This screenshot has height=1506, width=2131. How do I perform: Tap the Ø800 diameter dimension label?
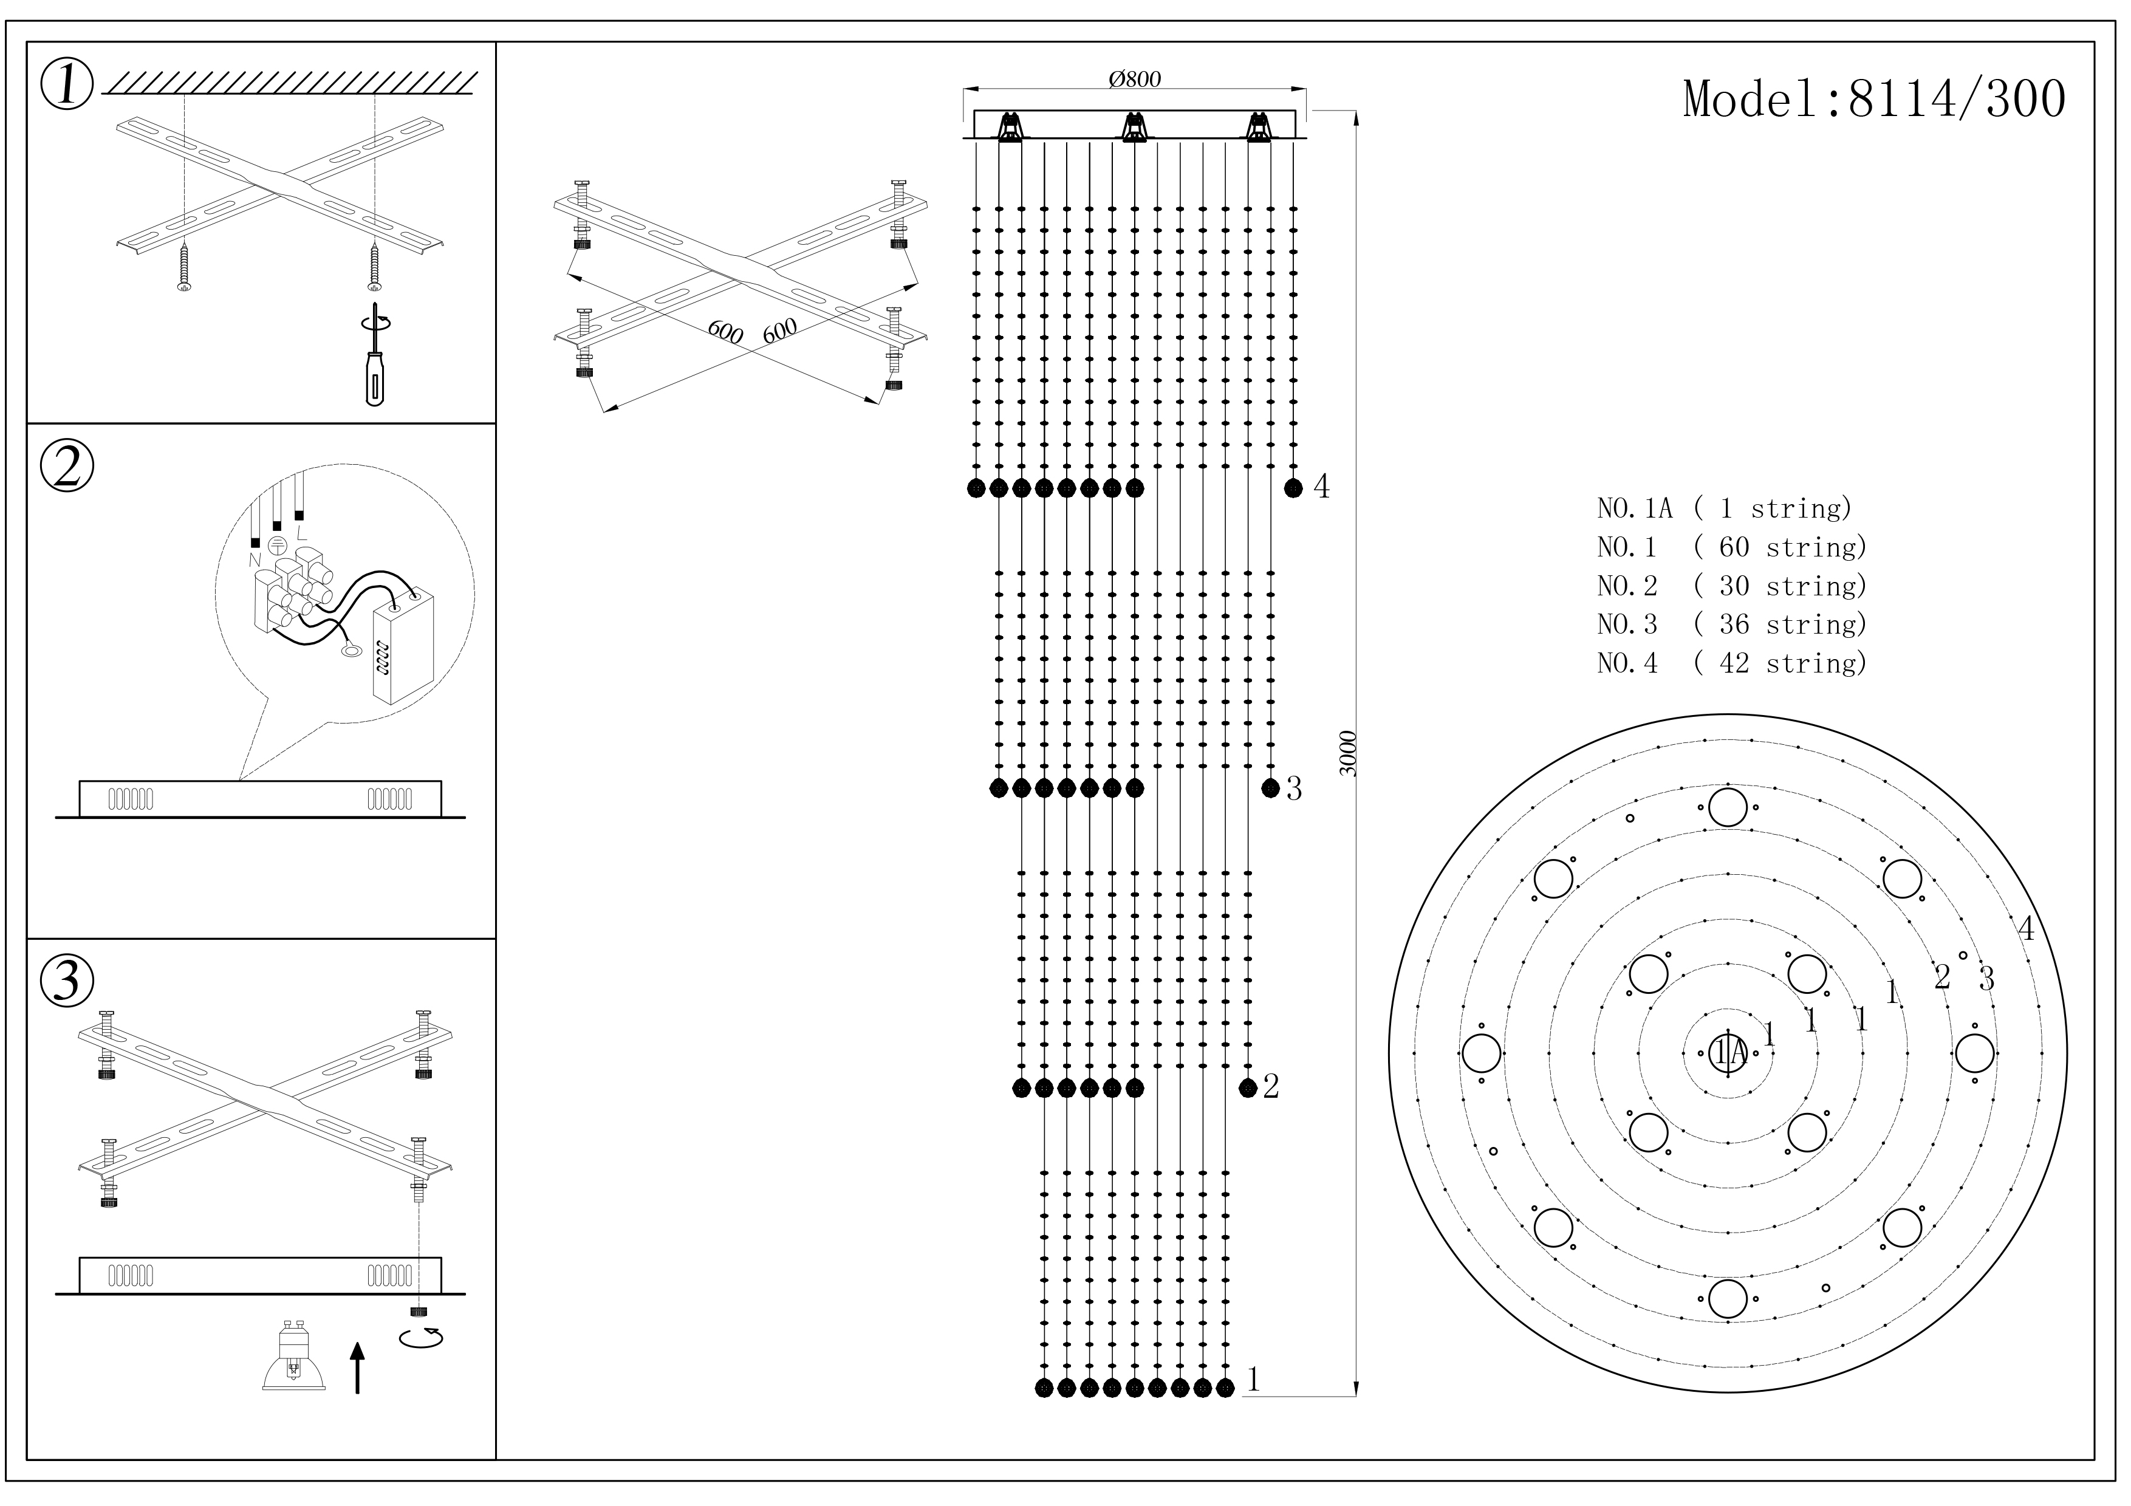point(1134,80)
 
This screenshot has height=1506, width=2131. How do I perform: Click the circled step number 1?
point(67,86)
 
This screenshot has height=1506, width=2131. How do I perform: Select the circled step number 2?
point(67,467)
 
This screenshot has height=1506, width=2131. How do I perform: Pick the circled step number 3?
point(67,981)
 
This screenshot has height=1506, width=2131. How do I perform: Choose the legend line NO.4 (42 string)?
point(1731,663)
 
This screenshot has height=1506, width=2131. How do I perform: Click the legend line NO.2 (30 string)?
point(1731,586)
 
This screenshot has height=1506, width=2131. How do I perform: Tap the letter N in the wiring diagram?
point(255,561)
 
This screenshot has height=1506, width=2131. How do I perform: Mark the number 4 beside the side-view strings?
point(1322,487)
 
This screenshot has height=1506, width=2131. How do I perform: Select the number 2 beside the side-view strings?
point(1271,1087)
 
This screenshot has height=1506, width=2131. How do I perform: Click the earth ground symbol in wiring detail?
point(276,547)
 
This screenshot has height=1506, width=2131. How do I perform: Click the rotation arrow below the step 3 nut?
point(420,1338)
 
